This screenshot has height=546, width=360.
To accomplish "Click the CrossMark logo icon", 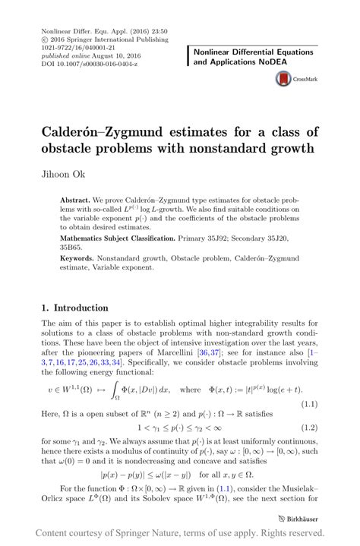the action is (284, 77).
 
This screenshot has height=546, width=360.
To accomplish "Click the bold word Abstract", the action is (76, 200).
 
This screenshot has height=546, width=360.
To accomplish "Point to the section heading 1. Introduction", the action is (75, 308).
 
